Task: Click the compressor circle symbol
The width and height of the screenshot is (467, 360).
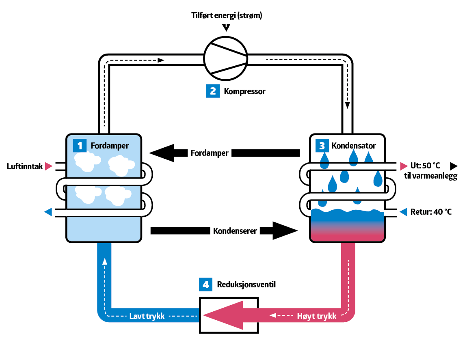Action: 225,58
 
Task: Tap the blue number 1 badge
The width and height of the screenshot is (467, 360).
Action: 80,145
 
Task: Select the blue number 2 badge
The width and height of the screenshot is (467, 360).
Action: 213,91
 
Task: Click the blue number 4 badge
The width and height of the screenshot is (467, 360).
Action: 205,285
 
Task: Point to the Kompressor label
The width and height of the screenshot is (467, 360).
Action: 244,91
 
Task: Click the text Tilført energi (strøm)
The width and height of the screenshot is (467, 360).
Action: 227,16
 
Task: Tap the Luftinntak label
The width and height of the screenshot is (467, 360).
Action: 25,166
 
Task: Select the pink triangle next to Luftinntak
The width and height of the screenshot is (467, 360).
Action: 49,166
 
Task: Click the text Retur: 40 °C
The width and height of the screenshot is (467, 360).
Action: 431,212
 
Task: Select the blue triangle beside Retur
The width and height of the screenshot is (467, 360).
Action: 403,212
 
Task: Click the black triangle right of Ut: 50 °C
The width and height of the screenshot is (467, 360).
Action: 454,166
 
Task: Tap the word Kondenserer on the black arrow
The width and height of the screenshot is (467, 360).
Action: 235,231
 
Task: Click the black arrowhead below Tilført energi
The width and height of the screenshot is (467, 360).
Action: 227,28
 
